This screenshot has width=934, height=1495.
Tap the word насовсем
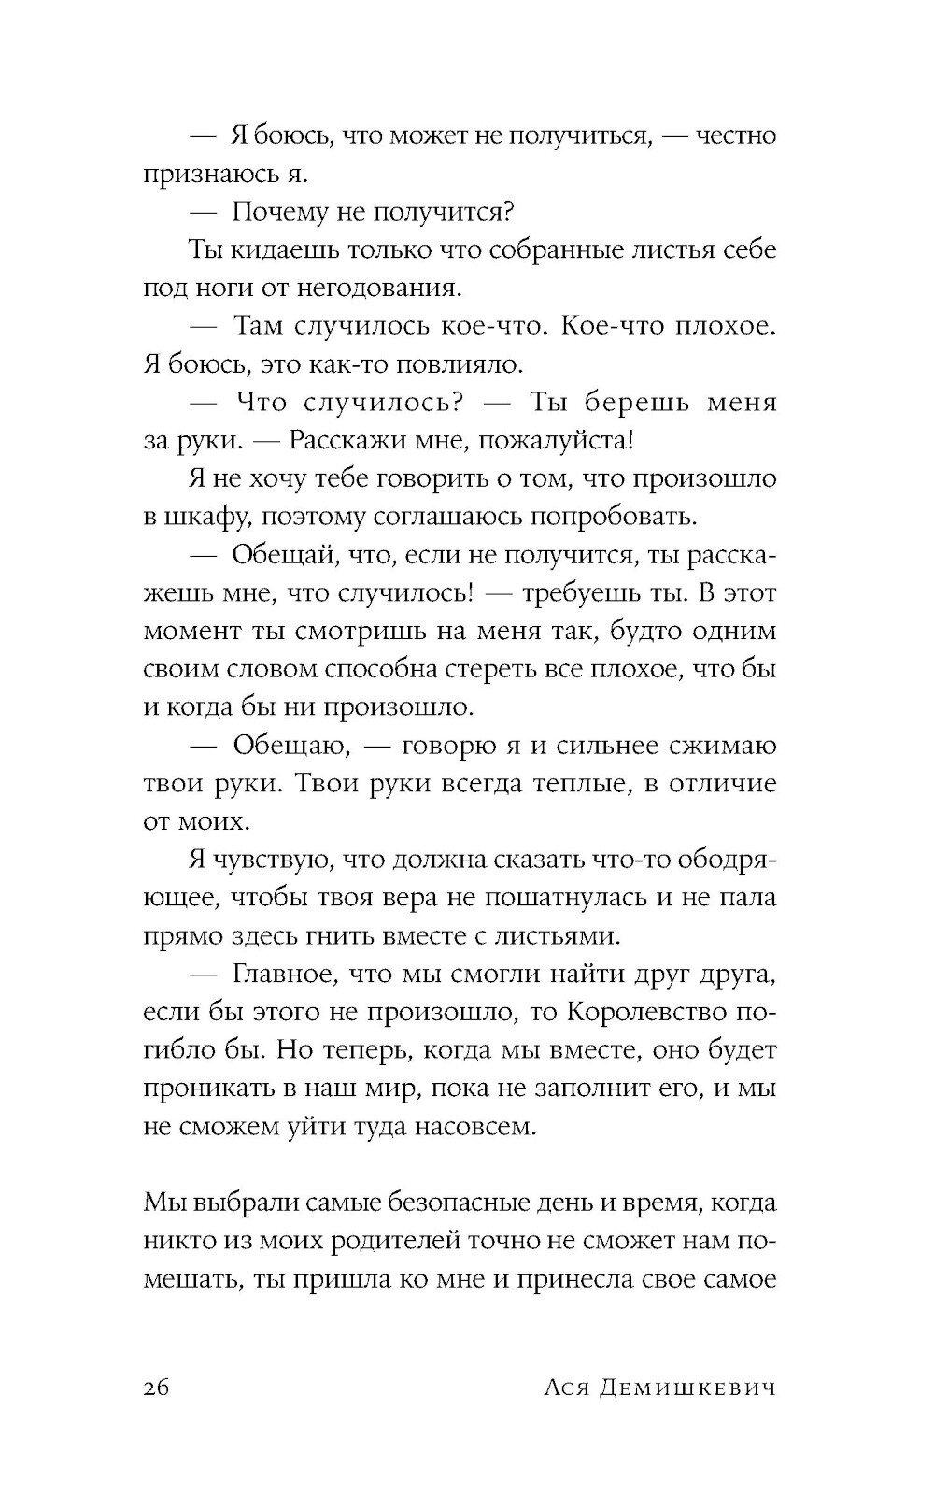click(497, 1127)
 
